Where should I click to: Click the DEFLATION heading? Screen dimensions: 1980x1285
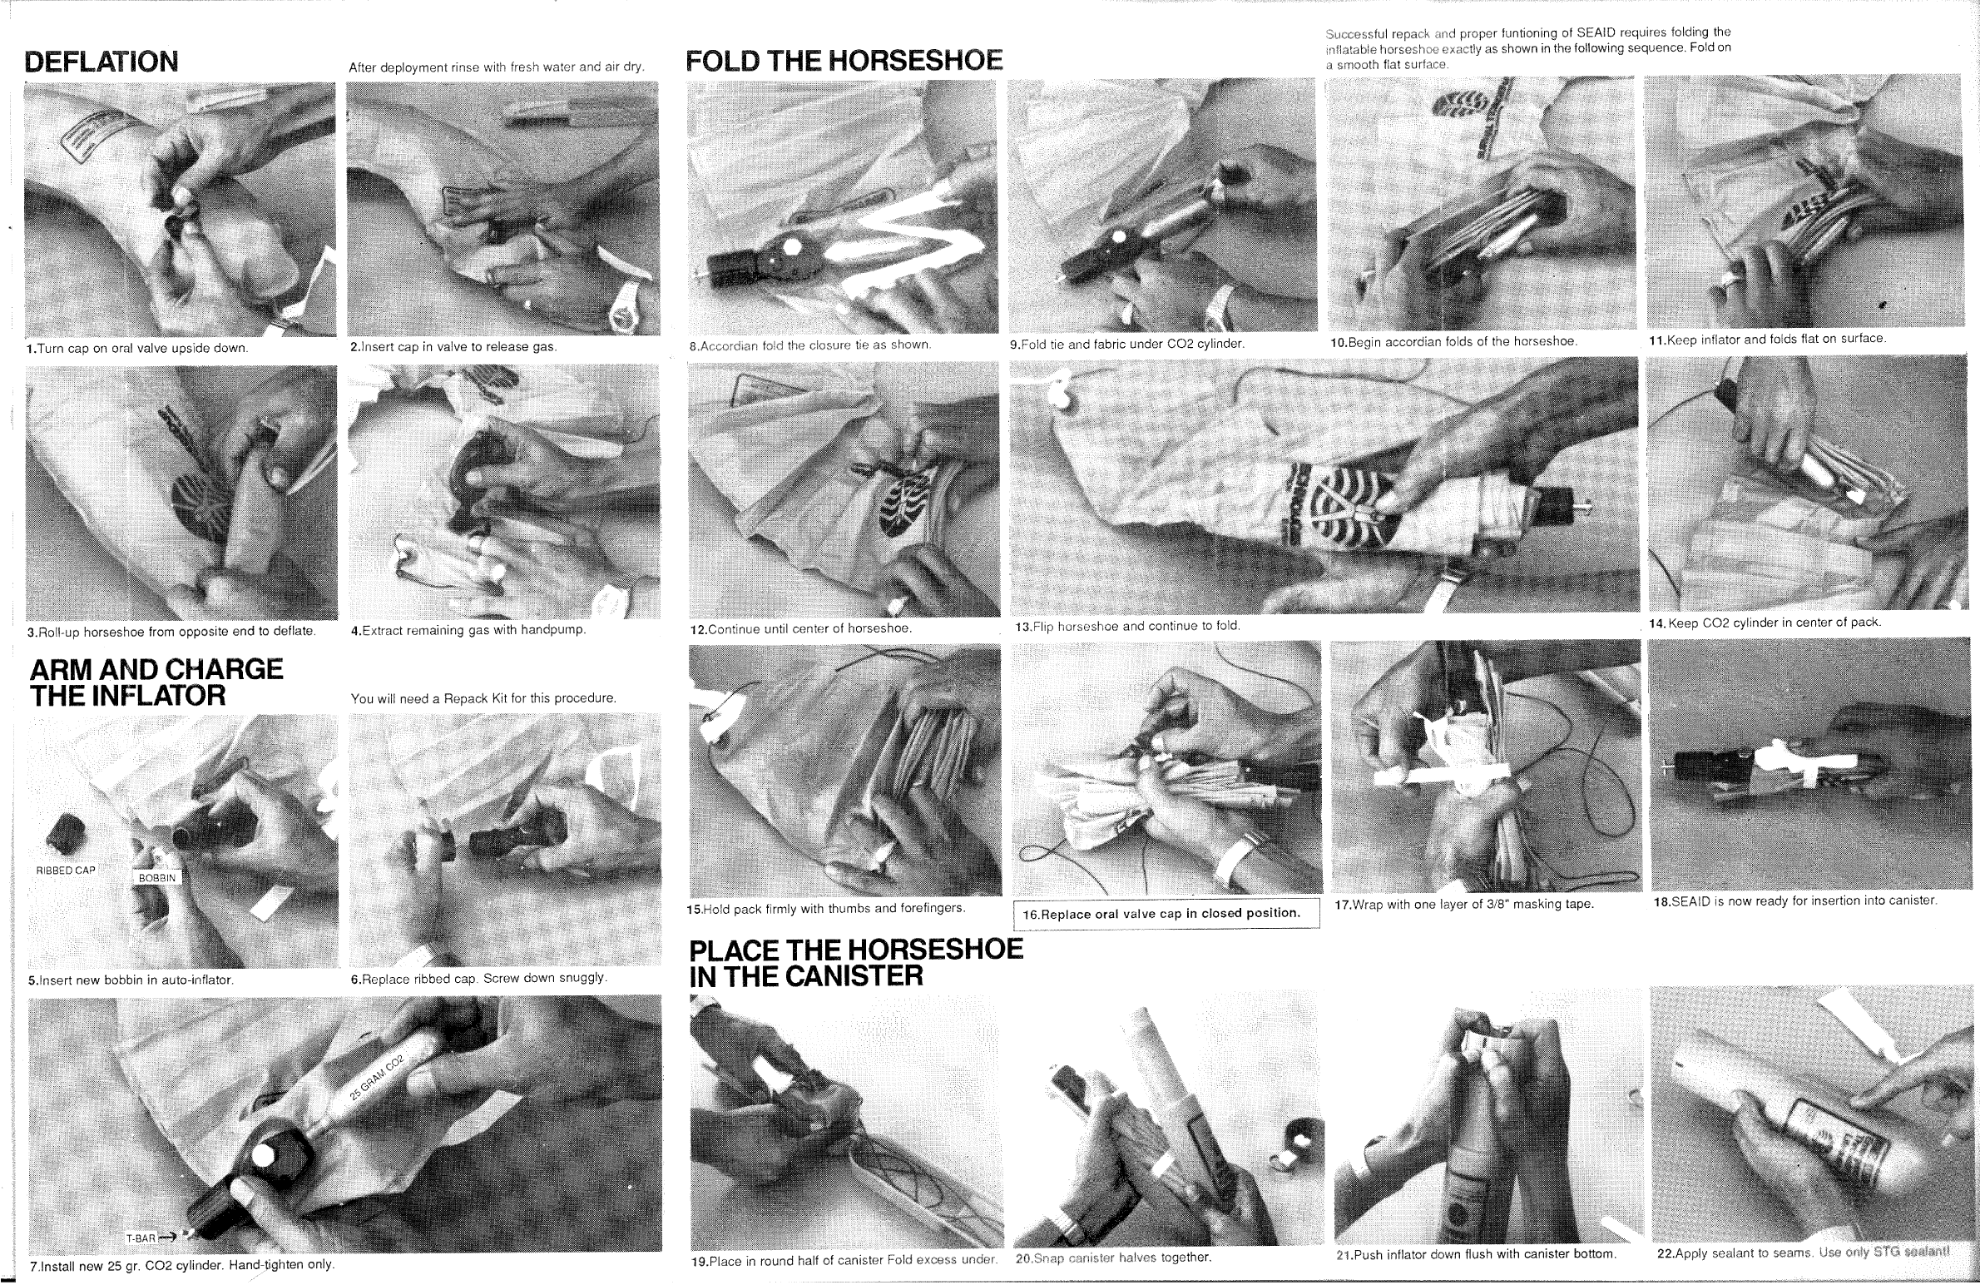[101, 62]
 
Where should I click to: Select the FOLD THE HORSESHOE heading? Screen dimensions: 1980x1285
[844, 60]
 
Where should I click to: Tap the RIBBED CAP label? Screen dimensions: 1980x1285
[66, 871]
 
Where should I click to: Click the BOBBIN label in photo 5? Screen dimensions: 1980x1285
[157, 878]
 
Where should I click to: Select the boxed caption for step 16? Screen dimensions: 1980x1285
[1166, 914]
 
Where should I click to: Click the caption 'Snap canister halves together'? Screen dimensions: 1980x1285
[1113, 1258]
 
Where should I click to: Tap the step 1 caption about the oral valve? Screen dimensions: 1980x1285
[137, 348]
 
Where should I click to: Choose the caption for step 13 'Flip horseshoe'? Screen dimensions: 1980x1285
[1127, 626]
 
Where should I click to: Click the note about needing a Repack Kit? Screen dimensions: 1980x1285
[483, 698]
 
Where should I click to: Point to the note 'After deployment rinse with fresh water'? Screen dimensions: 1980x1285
[497, 67]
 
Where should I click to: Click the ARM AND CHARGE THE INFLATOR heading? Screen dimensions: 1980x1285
[156, 682]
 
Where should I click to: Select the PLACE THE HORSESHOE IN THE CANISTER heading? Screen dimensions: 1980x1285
[856, 962]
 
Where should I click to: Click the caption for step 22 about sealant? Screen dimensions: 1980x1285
[1803, 1253]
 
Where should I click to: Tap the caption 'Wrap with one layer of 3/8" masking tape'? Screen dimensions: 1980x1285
[1464, 904]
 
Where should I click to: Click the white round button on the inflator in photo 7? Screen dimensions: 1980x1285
[265, 1156]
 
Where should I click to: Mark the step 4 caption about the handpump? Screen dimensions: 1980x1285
[468, 630]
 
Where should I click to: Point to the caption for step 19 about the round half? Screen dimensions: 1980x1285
[844, 1260]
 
